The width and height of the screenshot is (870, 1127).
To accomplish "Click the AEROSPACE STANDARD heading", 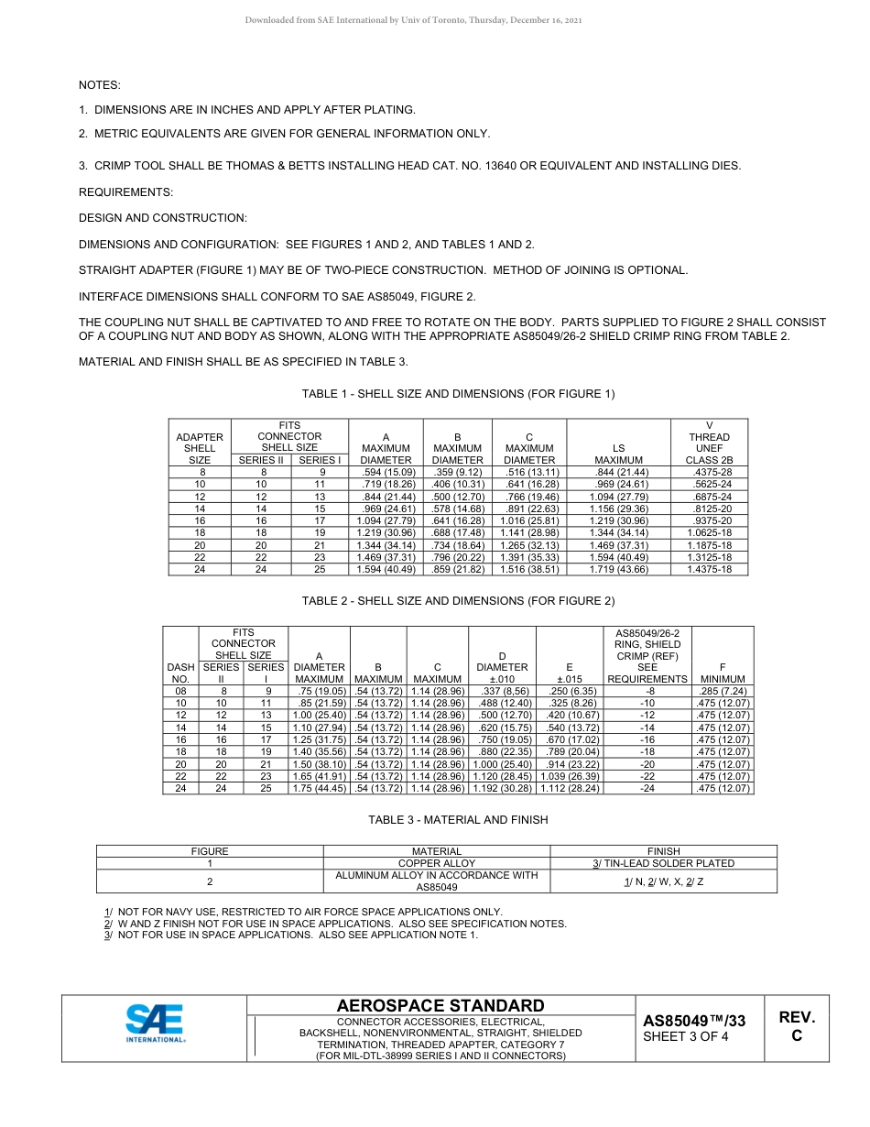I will point(440,1006).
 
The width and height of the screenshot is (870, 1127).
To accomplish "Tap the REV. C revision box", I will point(796,1026).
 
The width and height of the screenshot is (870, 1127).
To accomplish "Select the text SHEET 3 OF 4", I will point(686,1037).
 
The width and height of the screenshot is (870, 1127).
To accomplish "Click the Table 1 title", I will point(458,394).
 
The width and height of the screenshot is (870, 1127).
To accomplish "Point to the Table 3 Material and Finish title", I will point(458,820).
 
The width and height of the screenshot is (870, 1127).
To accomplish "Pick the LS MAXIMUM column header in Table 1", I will point(618,454).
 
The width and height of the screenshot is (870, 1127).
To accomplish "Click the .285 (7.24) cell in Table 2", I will point(722,691).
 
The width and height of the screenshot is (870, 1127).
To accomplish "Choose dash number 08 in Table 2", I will point(180,691).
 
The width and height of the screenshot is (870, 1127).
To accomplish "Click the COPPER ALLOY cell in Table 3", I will point(437,863).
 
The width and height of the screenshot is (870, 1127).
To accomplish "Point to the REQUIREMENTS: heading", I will point(125,192).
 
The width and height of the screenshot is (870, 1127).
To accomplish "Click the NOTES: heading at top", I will point(100,85).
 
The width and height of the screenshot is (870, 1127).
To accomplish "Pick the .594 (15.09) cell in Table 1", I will point(386,472).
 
